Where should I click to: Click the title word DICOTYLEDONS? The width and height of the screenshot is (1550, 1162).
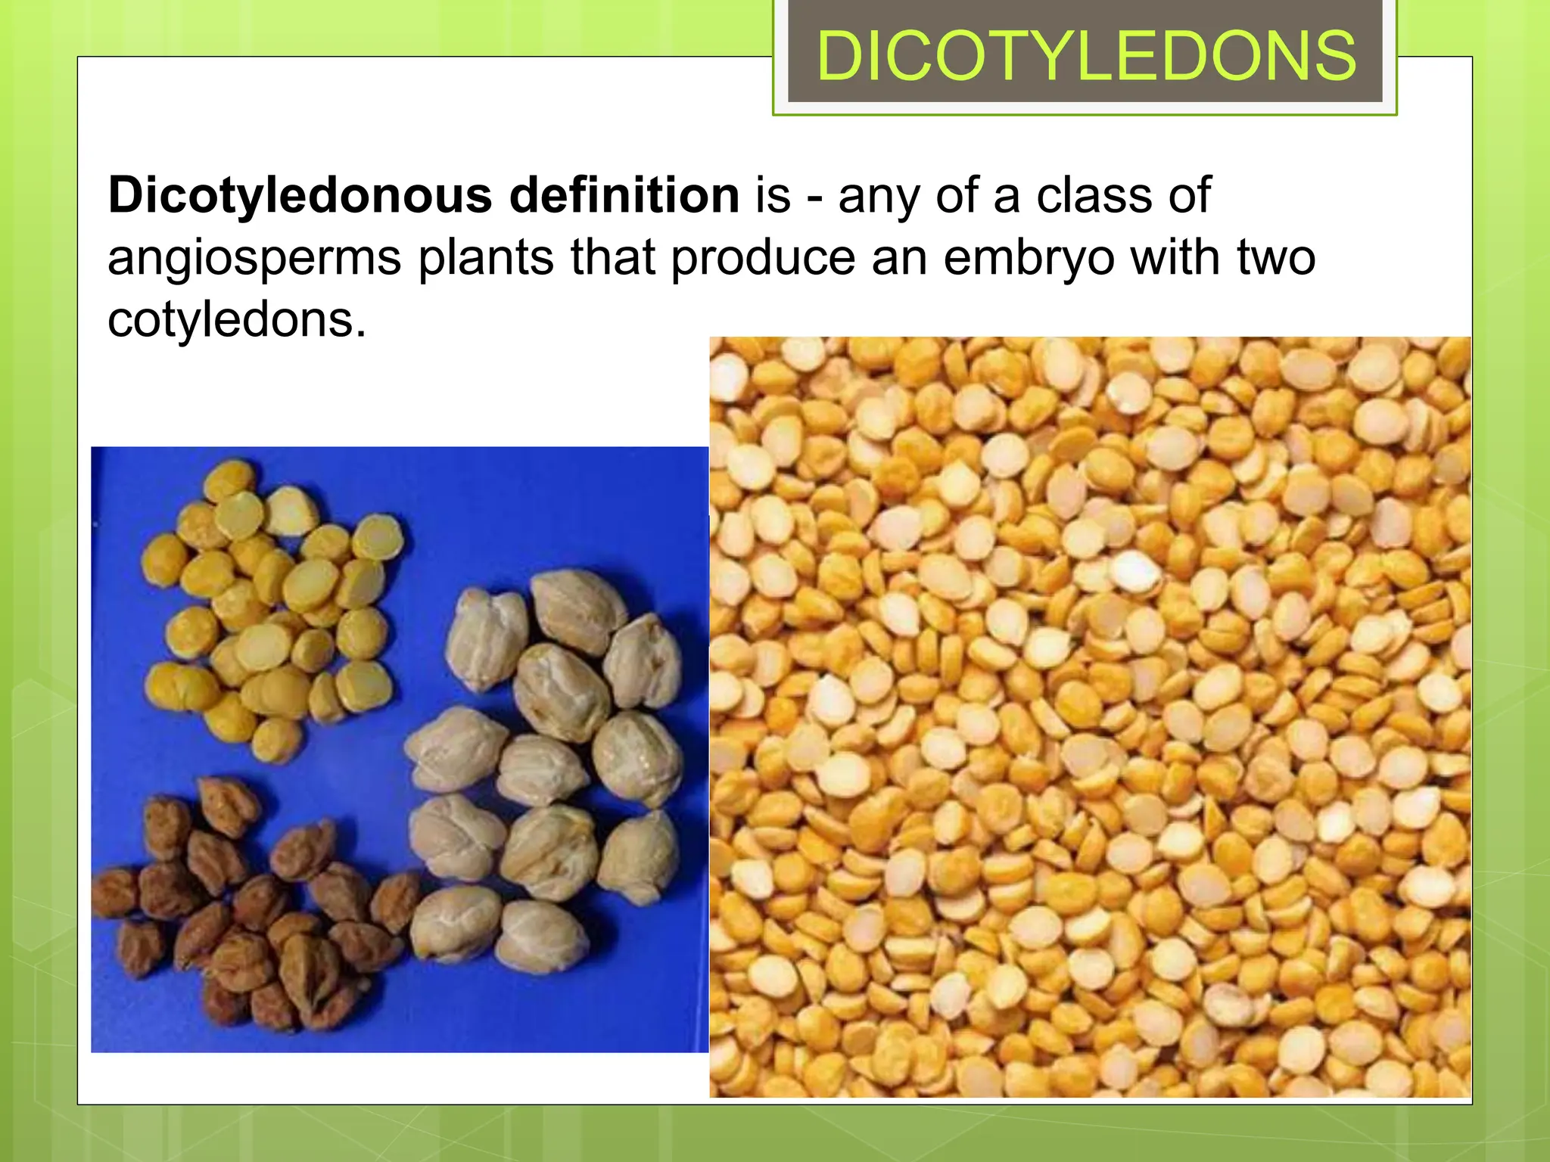click(1085, 57)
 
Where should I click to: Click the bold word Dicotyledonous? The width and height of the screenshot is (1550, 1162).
click(300, 196)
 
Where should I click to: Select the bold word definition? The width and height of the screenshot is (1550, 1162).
click(624, 195)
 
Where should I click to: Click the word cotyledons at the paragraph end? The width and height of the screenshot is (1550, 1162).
click(236, 319)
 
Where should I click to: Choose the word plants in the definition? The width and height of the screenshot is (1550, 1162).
click(486, 257)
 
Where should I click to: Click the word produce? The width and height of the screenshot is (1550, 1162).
click(763, 257)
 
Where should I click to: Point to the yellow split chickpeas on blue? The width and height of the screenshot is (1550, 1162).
click(272, 605)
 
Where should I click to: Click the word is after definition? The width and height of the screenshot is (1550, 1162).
click(773, 195)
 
